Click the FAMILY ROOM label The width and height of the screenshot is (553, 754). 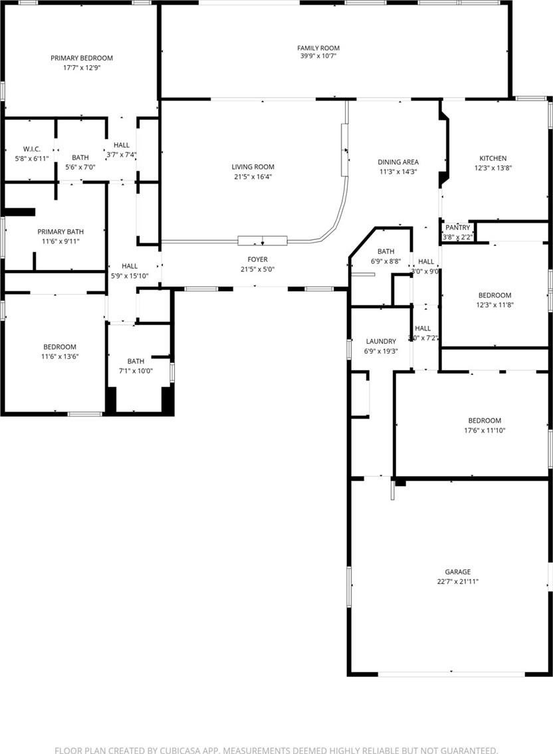click(318, 48)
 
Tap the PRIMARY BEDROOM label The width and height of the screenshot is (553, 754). click(82, 59)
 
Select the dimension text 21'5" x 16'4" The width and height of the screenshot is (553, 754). click(253, 176)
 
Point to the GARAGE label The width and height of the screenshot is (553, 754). click(458, 572)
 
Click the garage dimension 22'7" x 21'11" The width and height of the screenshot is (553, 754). click(458, 581)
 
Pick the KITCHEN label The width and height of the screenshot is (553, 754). click(493, 158)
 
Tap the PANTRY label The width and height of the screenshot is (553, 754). click(458, 227)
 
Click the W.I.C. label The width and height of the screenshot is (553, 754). click(32, 149)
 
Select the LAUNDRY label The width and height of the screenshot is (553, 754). click(381, 341)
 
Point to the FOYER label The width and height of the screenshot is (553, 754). click(258, 260)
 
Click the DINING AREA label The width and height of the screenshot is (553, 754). click(398, 162)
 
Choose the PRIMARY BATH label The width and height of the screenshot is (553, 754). click(60, 232)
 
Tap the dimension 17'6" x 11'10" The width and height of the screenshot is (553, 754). click(485, 430)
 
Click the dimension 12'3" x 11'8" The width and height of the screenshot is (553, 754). click(495, 305)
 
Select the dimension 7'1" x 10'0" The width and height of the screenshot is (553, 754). click(136, 371)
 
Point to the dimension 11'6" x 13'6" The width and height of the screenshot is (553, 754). click(60, 356)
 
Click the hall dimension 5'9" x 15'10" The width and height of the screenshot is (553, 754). click(130, 276)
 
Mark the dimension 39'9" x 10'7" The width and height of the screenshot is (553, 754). click(318, 56)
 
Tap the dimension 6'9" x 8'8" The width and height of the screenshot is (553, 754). click(386, 261)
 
